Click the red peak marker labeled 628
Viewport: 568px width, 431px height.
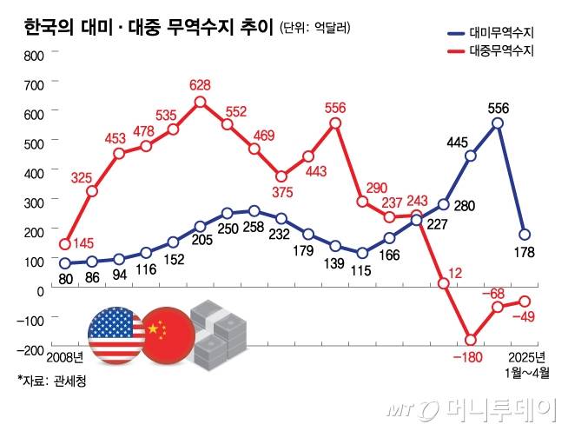tap(200, 102)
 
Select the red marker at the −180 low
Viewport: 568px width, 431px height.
tap(471, 340)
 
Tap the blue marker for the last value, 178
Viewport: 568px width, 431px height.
tap(525, 235)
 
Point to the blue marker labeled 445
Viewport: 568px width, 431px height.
tap(471, 156)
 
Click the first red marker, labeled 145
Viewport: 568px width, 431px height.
tap(64, 244)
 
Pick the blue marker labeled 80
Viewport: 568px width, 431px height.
tap(64, 263)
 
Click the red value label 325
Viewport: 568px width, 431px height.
tap(82, 178)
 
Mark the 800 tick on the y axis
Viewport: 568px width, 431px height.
tap(32, 55)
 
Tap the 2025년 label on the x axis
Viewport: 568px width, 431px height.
tap(526, 358)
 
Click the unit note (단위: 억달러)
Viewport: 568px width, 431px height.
tap(315, 29)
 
